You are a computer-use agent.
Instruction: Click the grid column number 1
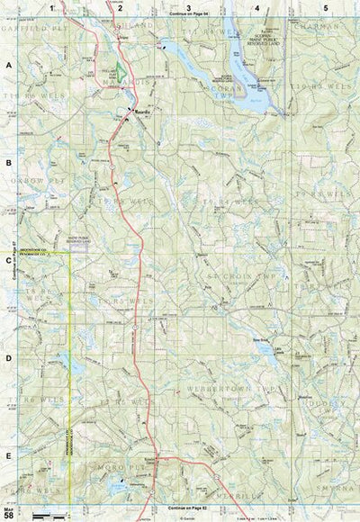(52, 7)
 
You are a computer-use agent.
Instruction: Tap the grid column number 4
(257, 7)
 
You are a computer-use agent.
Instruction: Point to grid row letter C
(8, 261)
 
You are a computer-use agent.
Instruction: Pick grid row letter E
(8, 456)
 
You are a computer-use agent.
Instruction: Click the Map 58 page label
(8, 511)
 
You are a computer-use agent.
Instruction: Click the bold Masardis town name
(140, 111)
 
